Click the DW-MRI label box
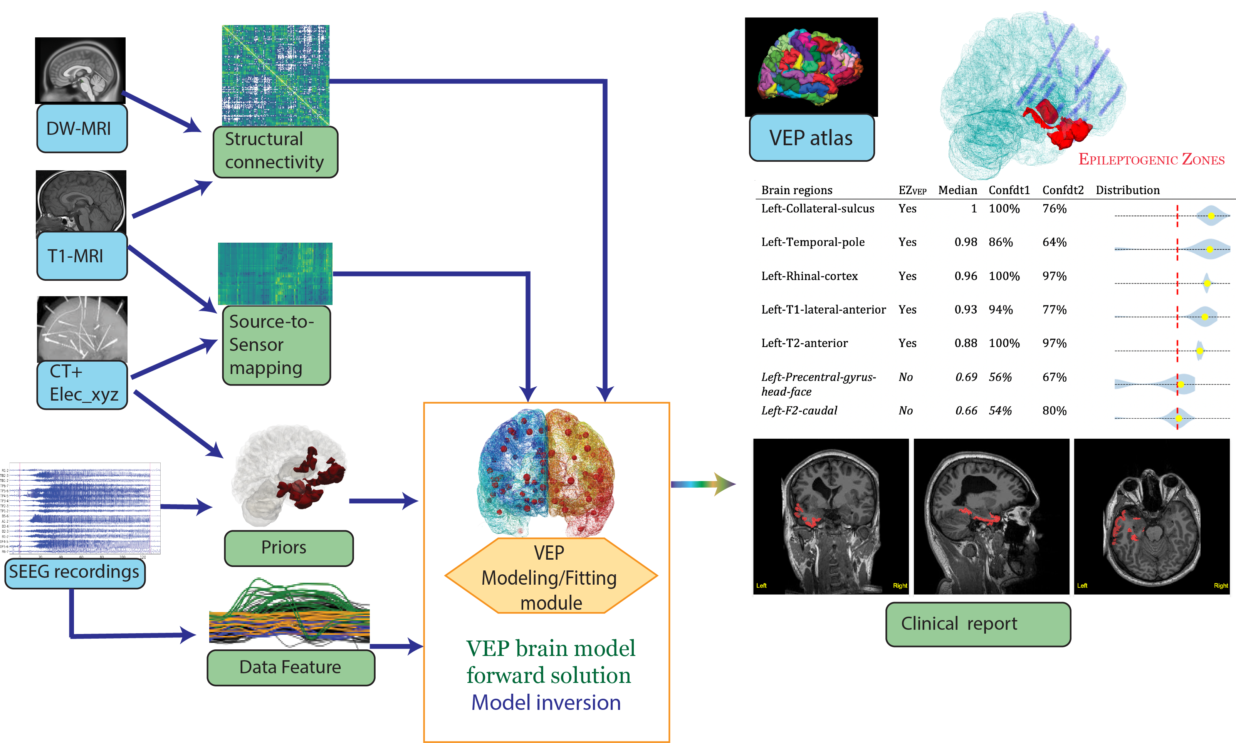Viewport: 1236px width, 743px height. click(82, 128)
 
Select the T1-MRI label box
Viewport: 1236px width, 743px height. click(82, 256)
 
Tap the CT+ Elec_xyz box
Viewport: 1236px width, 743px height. click(82, 384)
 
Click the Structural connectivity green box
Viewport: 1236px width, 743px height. click(275, 151)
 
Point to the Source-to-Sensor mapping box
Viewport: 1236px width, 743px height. click(276, 345)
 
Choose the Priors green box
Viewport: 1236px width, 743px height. click(289, 548)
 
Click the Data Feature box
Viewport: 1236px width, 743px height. click(291, 667)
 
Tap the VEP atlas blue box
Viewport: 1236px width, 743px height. click(811, 138)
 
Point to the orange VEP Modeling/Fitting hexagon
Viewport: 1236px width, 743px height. click(551, 576)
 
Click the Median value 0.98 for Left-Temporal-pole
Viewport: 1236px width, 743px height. click(965, 242)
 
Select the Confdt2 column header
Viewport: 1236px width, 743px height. click(1063, 190)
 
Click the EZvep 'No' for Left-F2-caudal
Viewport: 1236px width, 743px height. click(905, 411)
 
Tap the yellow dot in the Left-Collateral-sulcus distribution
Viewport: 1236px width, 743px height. click(1211, 216)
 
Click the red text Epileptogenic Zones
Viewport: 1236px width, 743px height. click(1151, 160)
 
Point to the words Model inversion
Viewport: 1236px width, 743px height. click(546, 703)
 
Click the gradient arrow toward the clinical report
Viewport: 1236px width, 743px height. click(703, 484)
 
